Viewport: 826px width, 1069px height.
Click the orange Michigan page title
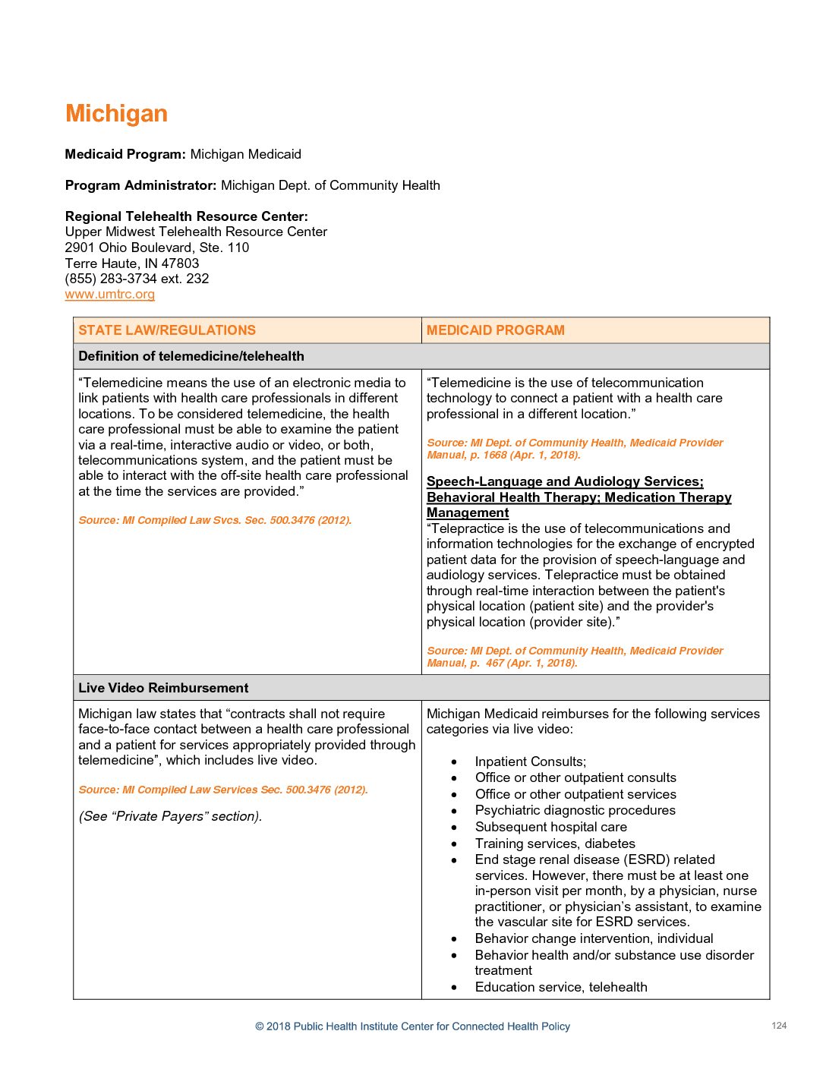[116, 114]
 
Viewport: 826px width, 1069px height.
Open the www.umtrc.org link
[110, 295]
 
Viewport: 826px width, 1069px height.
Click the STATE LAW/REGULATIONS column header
[167, 330]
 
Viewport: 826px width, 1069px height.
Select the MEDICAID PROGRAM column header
[495, 330]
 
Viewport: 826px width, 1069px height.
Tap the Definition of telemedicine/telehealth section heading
[191, 356]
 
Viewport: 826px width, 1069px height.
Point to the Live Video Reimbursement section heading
[163, 688]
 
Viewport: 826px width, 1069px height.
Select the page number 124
[779, 1026]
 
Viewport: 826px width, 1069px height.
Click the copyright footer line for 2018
[412, 1026]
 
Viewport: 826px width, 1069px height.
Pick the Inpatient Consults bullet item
[531, 762]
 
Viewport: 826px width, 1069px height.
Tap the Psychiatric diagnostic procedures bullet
[575, 810]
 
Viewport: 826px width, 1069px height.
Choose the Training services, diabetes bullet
[555, 844]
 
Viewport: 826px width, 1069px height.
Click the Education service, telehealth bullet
[561, 987]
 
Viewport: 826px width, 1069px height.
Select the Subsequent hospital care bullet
[551, 827]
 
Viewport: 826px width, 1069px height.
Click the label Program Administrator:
[141, 185]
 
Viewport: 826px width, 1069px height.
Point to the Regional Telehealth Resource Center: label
[187, 216]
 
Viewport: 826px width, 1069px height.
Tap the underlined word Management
[468, 513]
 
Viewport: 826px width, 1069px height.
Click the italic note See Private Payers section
[170, 816]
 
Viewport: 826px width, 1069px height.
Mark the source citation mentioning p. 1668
[575, 449]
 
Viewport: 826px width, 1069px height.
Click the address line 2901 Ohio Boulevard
[157, 248]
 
